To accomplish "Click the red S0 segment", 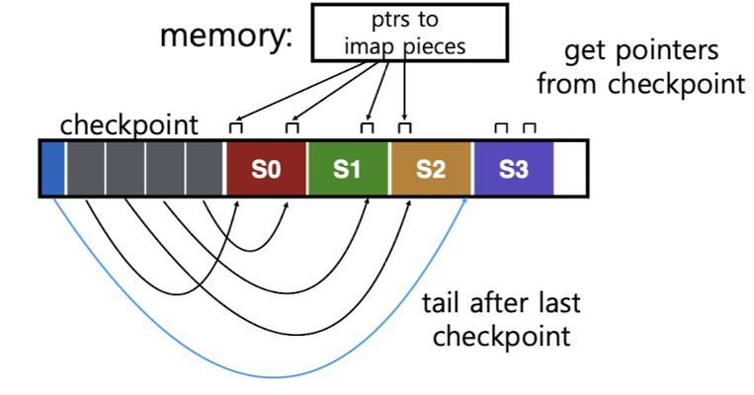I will [x=266, y=169].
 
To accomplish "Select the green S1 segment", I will [x=348, y=169].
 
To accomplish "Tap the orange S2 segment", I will [x=431, y=169].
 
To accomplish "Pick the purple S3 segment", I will [x=513, y=169].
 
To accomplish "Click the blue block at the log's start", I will [x=52, y=169].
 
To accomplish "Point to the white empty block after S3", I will [x=570, y=169].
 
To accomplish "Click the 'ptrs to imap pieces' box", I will [x=409, y=33].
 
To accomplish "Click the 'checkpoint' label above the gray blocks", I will [x=128, y=125].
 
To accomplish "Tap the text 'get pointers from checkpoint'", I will [x=640, y=67].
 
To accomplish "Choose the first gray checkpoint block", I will [x=85, y=169].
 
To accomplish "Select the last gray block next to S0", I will [x=206, y=169].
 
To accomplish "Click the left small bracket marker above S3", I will [x=501, y=127].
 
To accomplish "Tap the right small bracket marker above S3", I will [x=530, y=127].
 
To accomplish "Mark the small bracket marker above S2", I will [x=404, y=127].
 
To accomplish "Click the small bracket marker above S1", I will [x=367, y=127].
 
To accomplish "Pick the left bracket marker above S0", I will [x=235, y=127].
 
